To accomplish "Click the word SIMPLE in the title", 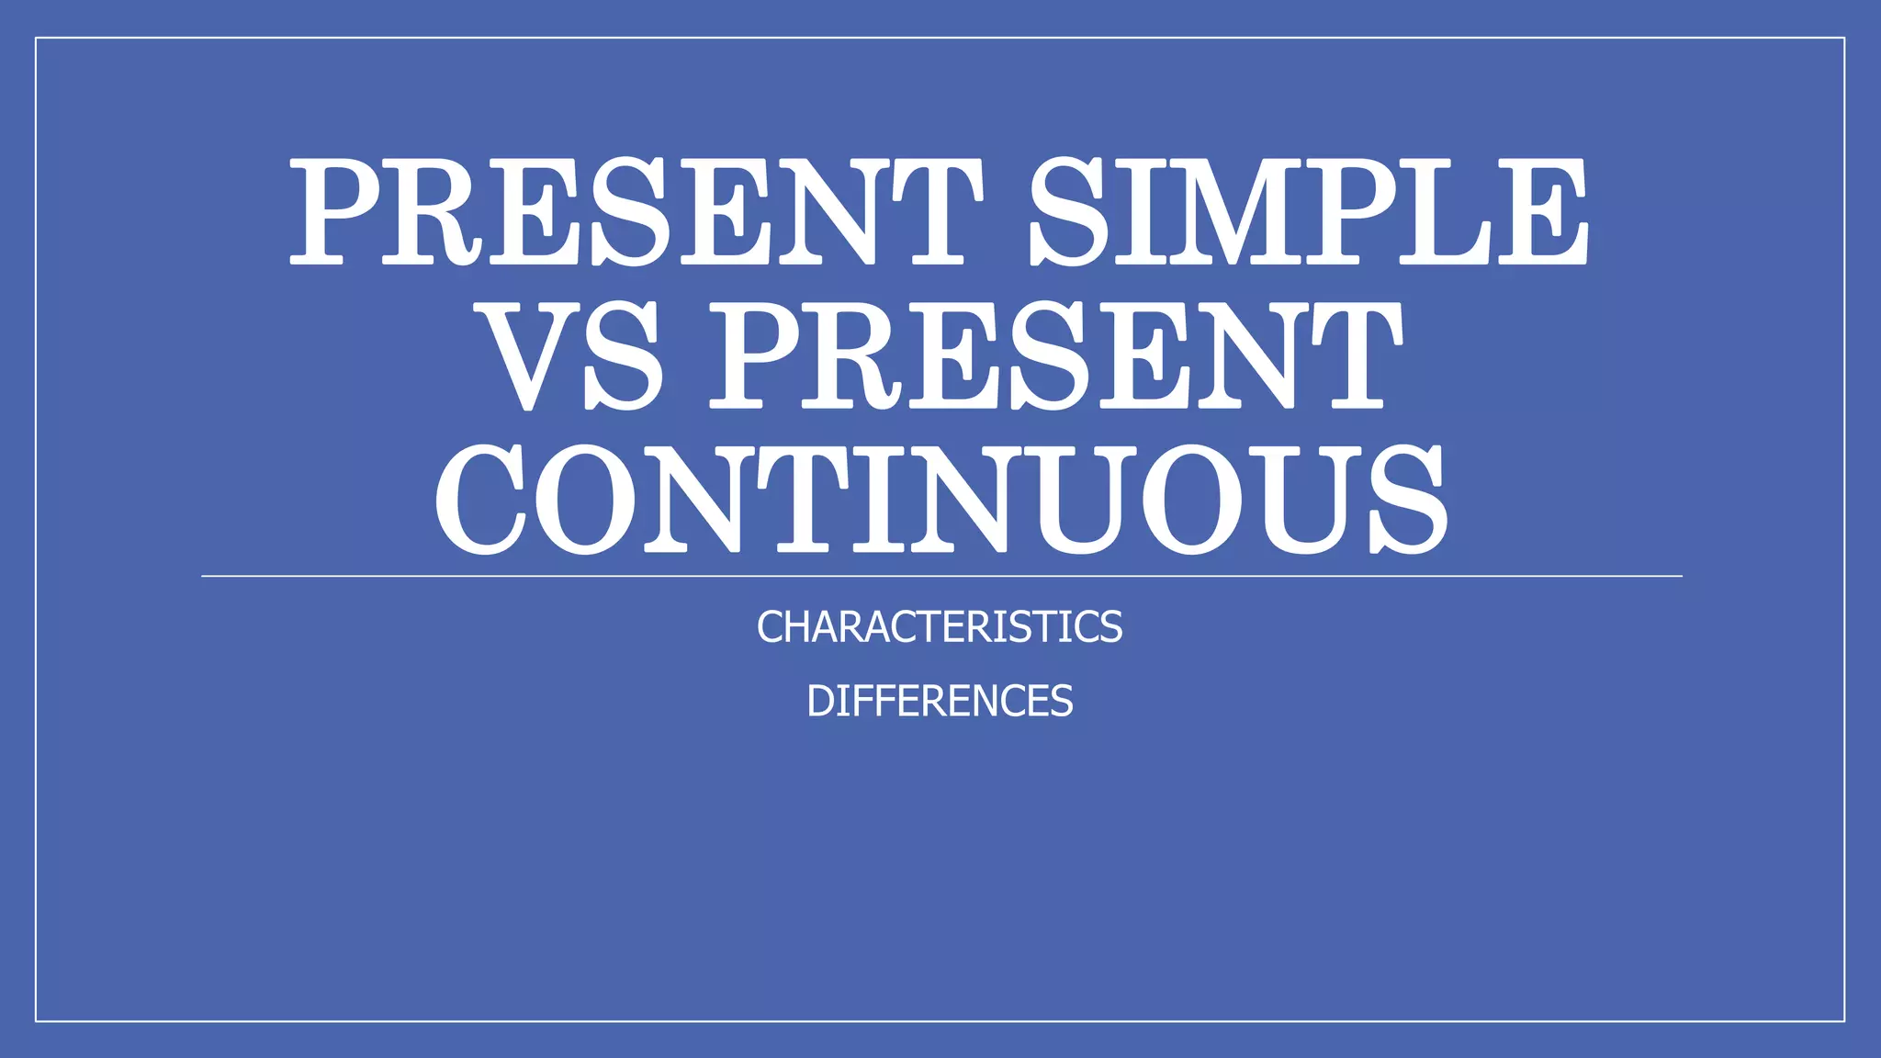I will pyautogui.click(x=1308, y=213).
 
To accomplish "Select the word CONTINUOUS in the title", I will pyautogui.click(x=940, y=501).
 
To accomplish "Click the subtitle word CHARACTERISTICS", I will pyautogui.click(x=940, y=627).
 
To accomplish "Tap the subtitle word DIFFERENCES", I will pyautogui.click(x=940, y=702).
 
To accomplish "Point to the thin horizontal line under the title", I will pyautogui.click(x=940, y=577).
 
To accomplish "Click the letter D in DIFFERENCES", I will pyautogui.click(x=821, y=702).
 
